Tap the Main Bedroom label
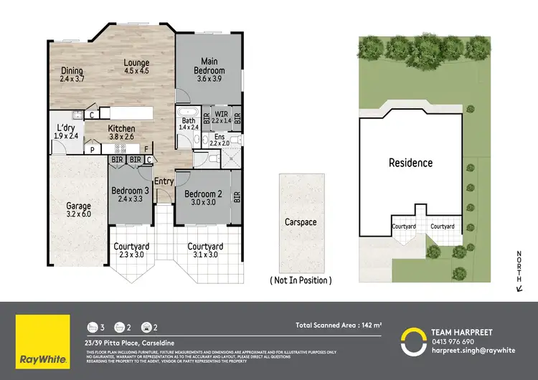click(210, 67)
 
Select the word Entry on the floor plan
click(164, 181)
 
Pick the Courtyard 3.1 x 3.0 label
click(205, 250)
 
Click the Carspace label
click(300, 222)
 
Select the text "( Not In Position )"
click(300, 280)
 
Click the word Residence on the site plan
click(410, 163)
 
